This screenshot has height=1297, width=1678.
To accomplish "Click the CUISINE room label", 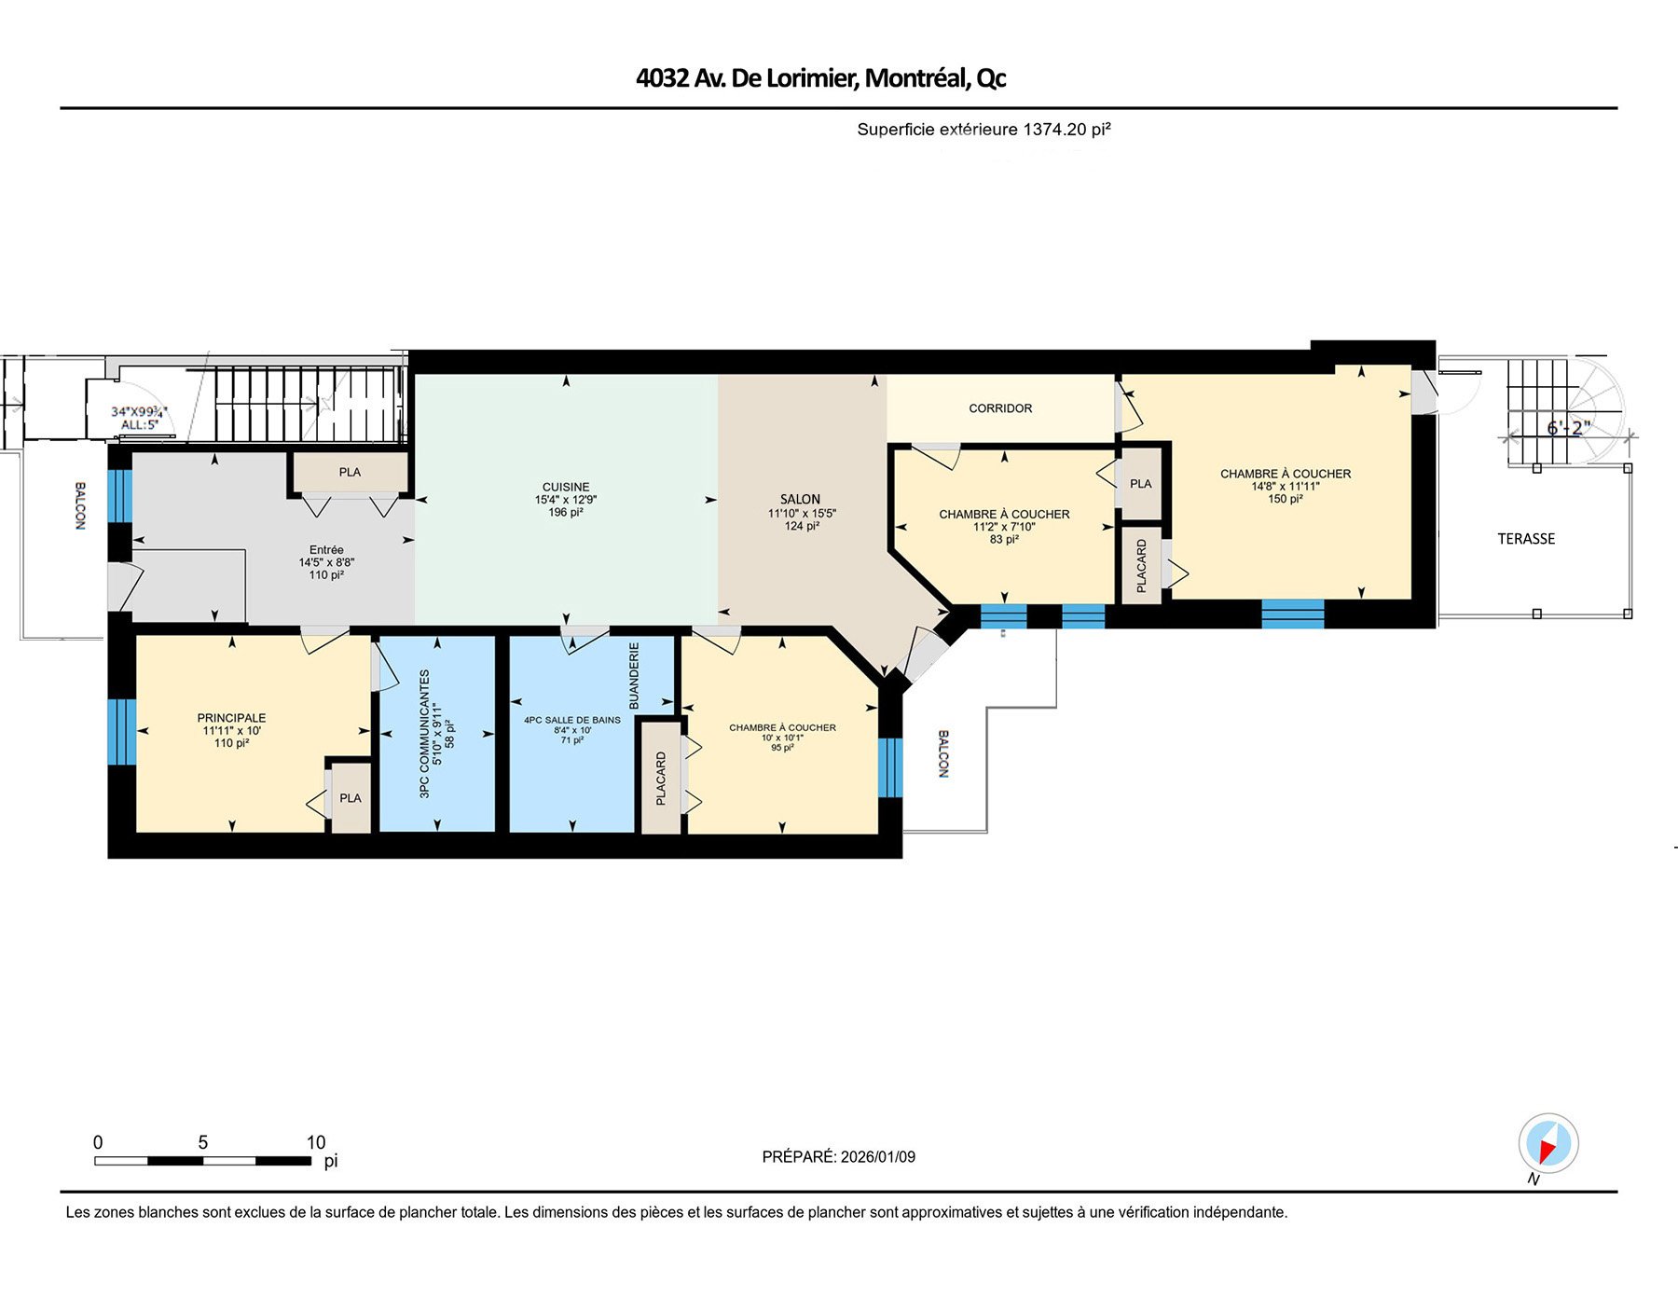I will (566, 487).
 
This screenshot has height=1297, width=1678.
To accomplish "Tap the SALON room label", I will (800, 500).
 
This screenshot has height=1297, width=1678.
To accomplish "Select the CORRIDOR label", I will (1000, 408).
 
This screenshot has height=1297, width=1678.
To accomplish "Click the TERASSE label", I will (1526, 539).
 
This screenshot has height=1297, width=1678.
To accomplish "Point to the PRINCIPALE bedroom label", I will (231, 718).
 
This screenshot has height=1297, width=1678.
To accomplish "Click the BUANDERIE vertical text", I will (634, 675).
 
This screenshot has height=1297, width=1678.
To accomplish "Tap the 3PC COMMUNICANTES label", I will (425, 733).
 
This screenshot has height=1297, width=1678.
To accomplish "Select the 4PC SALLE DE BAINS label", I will (571, 720).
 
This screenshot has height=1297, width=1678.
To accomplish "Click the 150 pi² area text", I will (1285, 499).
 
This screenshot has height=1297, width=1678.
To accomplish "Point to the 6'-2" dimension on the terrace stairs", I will (1568, 428).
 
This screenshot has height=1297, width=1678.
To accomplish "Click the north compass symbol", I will (1548, 1144).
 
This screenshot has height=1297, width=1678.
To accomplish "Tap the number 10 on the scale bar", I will (316, 1142).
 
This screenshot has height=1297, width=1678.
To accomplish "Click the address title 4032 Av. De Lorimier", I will (820, 77).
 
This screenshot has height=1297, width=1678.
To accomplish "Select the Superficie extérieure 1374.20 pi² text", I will (983, 130).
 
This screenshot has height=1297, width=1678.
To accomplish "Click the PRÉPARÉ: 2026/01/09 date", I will (838, 1157).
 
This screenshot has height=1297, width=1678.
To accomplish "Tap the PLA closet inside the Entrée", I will (350, 473).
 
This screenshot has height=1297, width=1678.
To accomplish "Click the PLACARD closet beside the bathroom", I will (661, 779).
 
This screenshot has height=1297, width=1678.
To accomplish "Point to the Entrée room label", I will (326, 550).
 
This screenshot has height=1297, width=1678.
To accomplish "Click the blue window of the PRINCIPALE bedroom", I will (121, 732).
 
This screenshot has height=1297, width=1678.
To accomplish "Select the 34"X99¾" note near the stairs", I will (139, 411).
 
